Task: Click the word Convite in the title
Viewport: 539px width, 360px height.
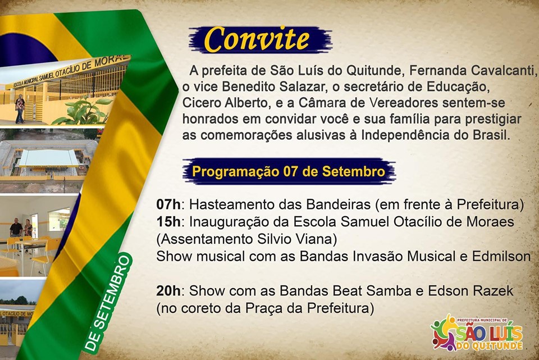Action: coord(257,39)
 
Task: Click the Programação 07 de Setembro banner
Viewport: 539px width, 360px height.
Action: coord(289,171)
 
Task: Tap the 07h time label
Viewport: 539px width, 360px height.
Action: coord(168,204)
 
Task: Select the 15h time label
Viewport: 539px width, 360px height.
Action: coord(168,222)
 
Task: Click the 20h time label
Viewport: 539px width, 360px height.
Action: coord(168,291)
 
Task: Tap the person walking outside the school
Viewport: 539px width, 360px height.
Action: coord(20,108)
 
